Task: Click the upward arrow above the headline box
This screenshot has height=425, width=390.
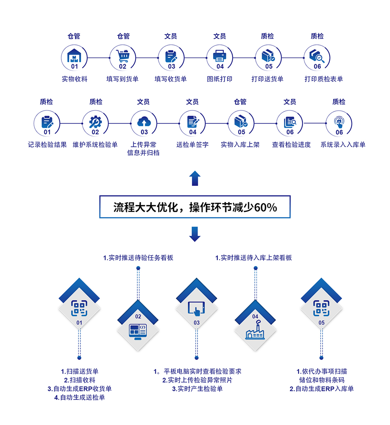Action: (x=195, y=178)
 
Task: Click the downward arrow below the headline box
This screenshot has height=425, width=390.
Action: (x=195, y=234)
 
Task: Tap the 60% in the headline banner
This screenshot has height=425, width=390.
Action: (x=266, y=207)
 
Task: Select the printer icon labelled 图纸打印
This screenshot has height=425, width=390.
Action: (x=219, y=55)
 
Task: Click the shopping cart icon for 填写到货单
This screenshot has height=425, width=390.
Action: (x=123, y=55)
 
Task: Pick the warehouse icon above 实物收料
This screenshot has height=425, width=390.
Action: (x=74, y=55)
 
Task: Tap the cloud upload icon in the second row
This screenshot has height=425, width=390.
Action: (x=144, y=122)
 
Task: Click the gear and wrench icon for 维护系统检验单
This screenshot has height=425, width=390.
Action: (x=95, y=122)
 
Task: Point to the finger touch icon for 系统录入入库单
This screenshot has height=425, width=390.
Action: (x=339, y=122)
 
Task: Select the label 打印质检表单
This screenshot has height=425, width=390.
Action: (x=323, y=79)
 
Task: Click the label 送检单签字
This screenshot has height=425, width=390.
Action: (x=193, y=145)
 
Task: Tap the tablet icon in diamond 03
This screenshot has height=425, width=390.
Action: (x=196, y=308)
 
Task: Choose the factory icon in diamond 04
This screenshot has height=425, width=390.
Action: (x=255, y=331)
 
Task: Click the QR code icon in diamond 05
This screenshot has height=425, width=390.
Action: (x=321, y=308)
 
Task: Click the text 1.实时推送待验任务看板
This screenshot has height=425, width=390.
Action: (x=138, y=258)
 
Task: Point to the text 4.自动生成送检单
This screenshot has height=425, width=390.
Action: (x=79, y=397)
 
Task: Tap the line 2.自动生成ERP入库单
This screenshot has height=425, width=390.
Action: (x=321, y=389)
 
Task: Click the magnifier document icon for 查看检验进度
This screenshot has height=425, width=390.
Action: (x=290, y=122)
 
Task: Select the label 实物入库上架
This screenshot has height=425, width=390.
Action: (x=240, y=145)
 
